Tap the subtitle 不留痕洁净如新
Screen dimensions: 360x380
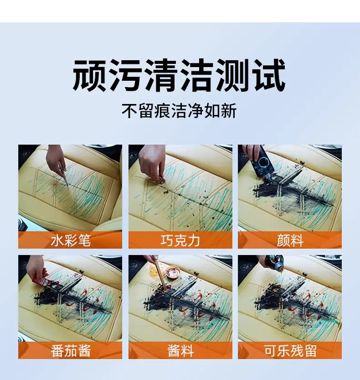179,111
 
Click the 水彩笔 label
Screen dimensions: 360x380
71,240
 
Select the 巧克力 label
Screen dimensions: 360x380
180,240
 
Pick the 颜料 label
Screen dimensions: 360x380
290,240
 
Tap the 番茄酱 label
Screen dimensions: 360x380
71,351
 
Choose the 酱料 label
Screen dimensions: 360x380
180,351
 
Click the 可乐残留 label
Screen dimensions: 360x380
290,351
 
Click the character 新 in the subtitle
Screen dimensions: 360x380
229,111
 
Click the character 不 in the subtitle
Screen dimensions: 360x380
129,111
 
